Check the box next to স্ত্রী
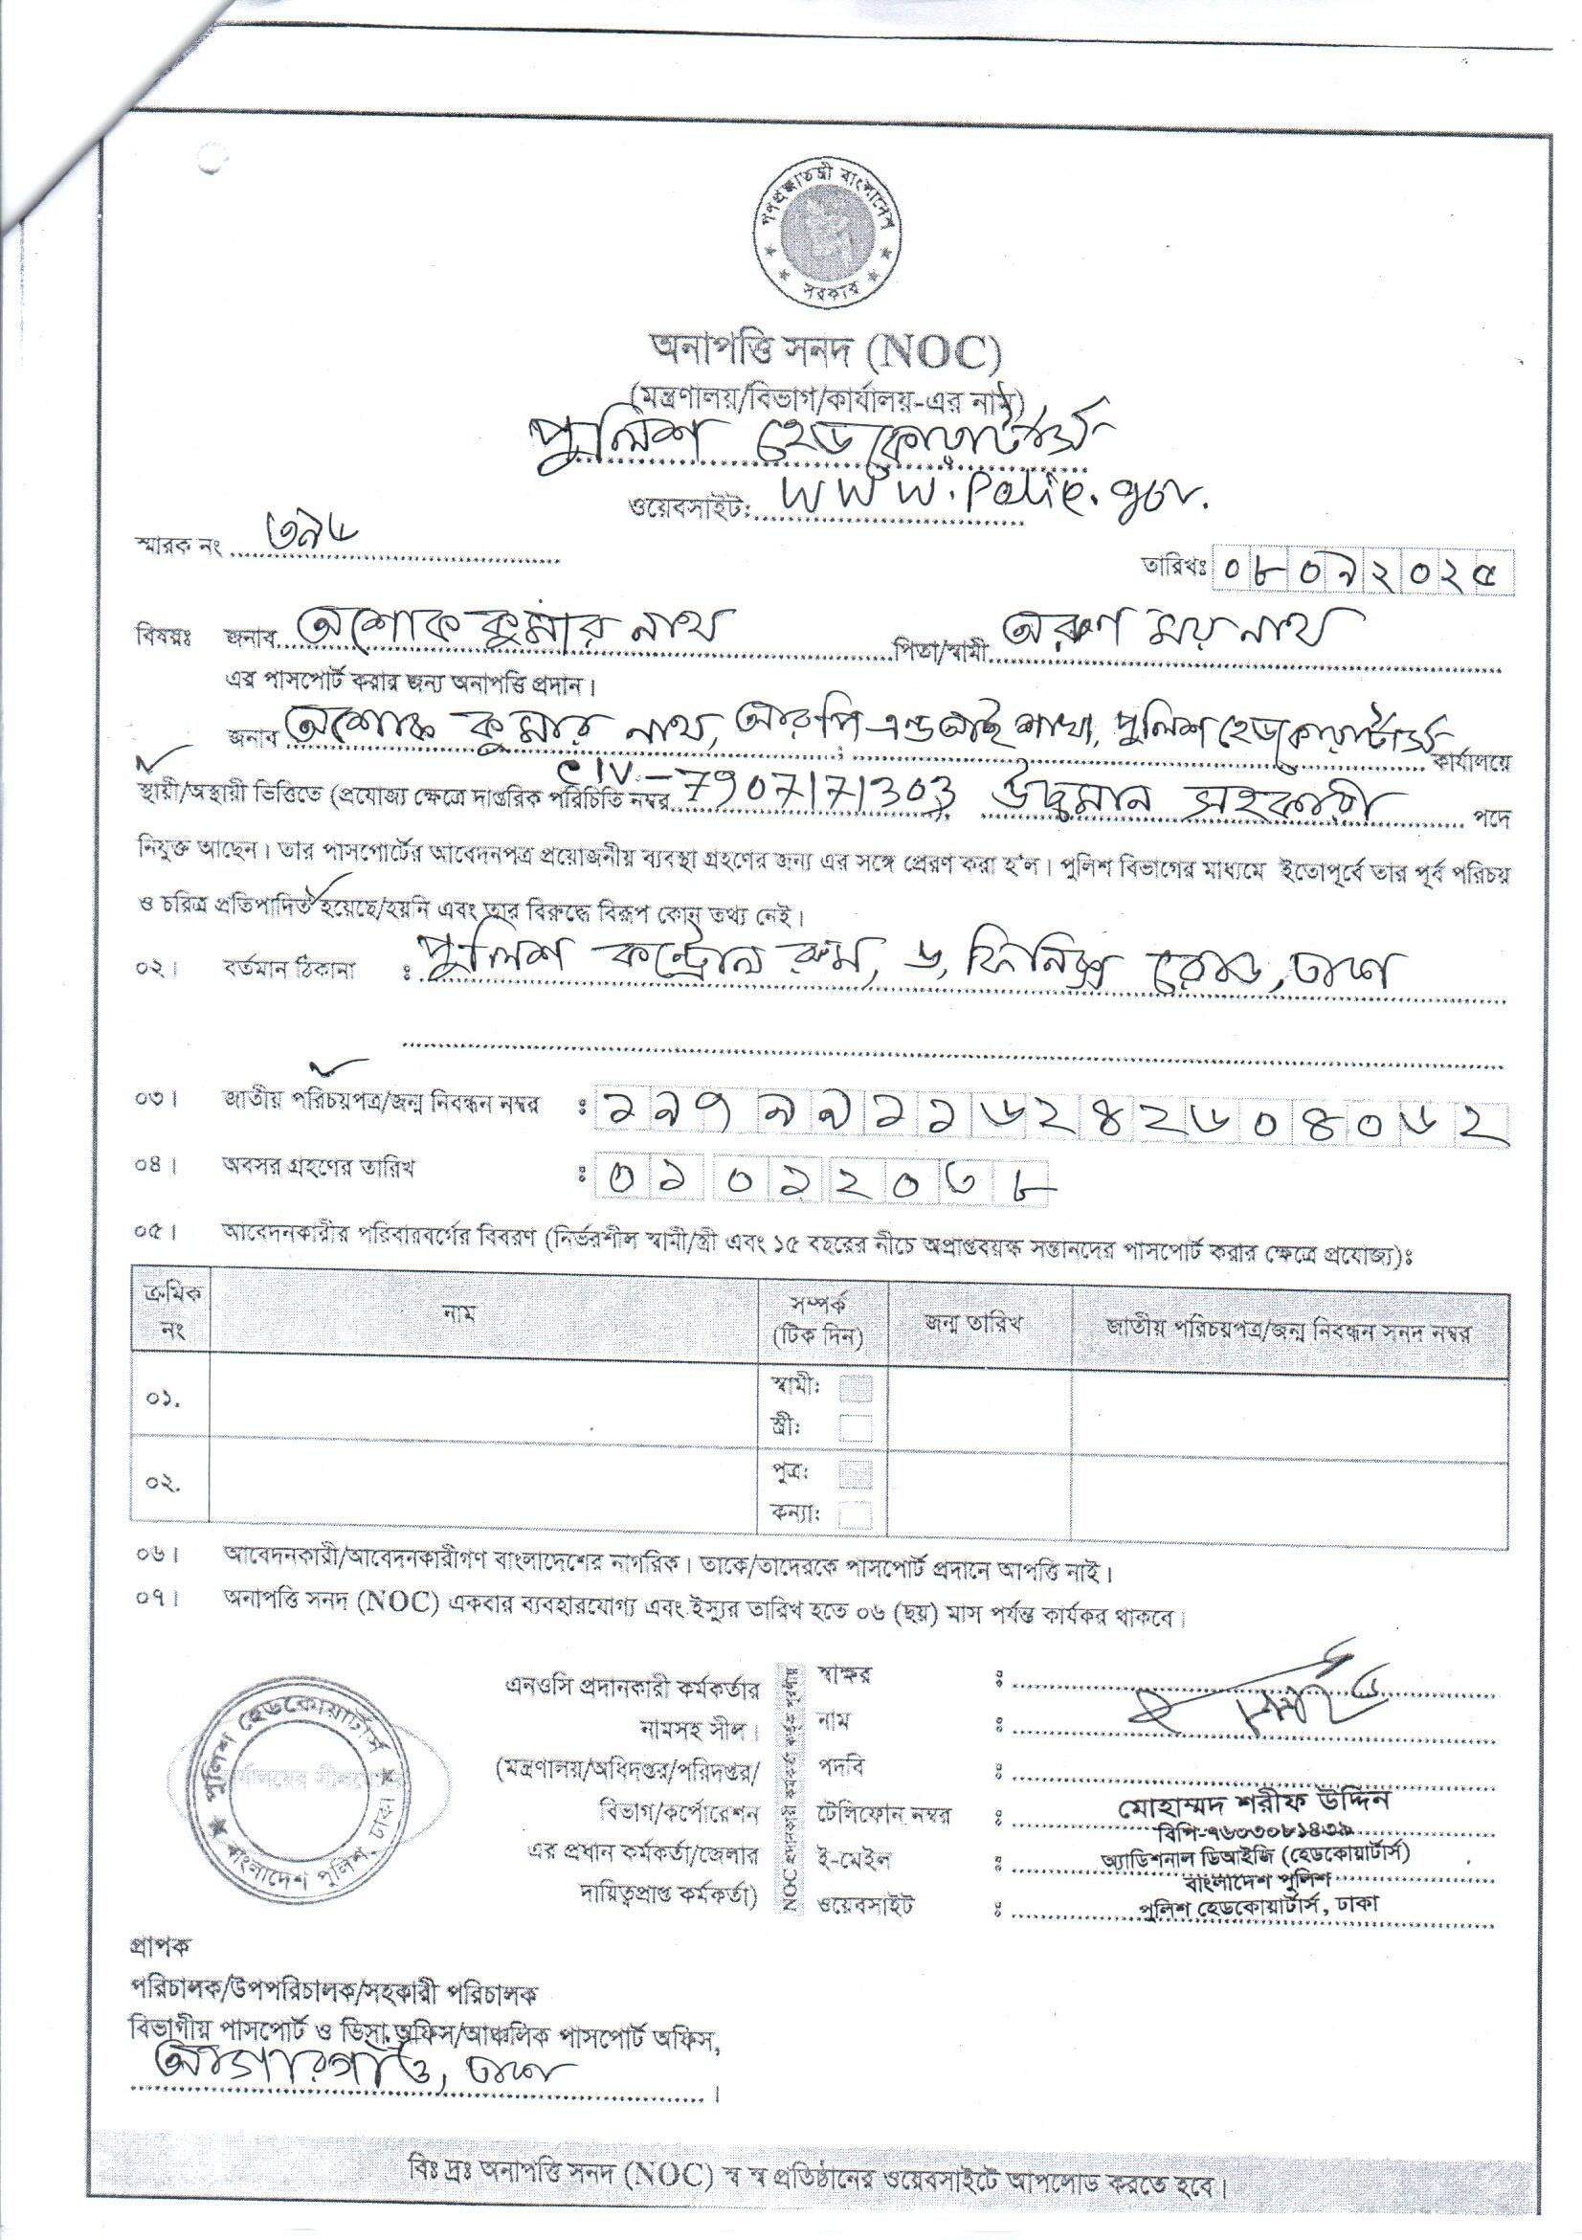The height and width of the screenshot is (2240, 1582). point(856,1428)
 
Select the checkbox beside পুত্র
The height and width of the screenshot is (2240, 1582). point(856,1472)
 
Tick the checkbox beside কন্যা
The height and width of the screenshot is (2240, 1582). point(856,1514)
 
